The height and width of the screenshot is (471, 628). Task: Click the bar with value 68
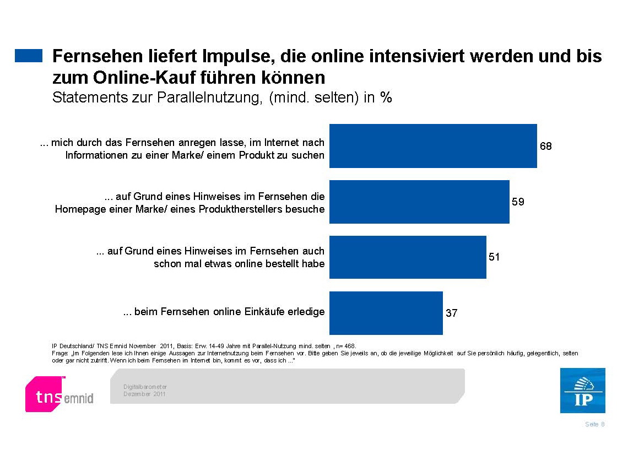coord(433,146)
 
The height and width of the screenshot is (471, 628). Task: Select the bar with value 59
coord(419,202)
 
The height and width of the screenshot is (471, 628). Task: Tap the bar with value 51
coord(408,257)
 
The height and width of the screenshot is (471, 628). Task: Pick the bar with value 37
coord(386,312)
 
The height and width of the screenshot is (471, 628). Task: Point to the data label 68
coord(545,147)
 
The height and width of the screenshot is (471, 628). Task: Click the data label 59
coord(518,202)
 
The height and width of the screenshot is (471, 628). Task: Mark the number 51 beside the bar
coord(494,257)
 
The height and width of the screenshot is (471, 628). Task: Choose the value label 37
coord(451,313)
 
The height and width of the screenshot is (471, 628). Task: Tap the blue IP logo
coord(582,391)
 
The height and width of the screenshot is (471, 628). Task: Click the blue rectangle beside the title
coord(29,56)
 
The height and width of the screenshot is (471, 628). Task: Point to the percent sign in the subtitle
coord(386,98)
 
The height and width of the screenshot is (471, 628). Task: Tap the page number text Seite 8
coord(595,424)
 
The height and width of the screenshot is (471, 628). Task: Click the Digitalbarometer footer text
coord(144,387)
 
